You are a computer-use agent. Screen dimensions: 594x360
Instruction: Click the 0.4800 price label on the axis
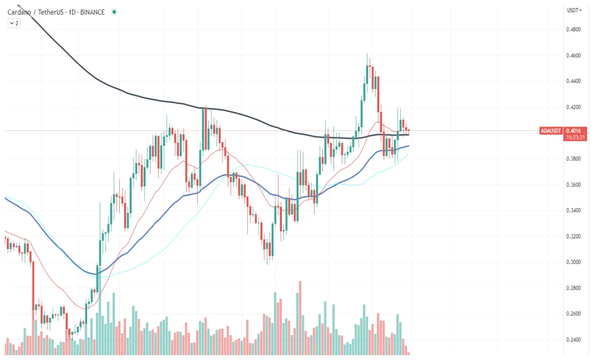tap(573, 30)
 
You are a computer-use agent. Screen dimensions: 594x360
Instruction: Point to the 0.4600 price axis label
tap(573, 55)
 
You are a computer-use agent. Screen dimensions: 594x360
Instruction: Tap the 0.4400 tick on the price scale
tap(573, 81)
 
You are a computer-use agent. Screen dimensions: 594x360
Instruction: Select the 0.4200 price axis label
tap(573, 107)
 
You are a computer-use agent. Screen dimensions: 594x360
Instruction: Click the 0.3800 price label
tap(573, 159)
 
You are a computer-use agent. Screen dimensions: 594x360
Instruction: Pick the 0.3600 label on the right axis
tap(573, 185)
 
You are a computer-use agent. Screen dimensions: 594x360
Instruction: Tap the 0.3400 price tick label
tap(573, 211)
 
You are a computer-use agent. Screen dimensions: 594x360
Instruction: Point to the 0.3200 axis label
tap(573, 236)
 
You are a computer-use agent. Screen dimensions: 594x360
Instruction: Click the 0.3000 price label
tap(573, 262)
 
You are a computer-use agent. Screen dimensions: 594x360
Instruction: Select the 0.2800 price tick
tap(573, 288)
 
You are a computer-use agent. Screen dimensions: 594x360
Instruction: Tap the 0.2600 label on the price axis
tap(573, 314)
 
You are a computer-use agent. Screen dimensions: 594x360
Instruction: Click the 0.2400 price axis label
tap(573, 340)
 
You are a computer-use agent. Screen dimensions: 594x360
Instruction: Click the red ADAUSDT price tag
tap(551, 131)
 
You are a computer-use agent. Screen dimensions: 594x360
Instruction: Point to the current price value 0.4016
tap(573, 131)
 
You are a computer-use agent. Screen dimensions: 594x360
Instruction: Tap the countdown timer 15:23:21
tap(573, 138)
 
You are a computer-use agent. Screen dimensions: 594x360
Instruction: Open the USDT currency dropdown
tap(575, 10)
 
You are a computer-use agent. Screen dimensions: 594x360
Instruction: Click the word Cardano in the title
tap(19, 12)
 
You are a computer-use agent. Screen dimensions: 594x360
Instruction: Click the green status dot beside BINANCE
tap(114, 12)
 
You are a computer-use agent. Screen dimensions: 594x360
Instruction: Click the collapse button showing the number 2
tap(14, 23)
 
